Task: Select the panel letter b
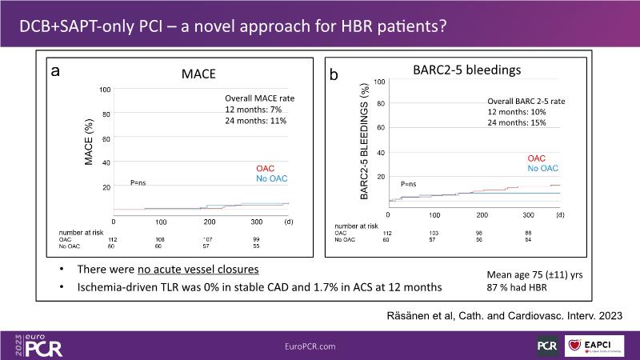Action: click(334, 74)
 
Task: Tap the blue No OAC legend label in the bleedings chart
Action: click(542, 168)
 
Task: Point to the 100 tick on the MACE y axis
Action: click(104, 89)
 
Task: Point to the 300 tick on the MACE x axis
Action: click(256, 222)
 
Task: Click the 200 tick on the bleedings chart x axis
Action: click(482, 215)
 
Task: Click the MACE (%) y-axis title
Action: click(90, 144)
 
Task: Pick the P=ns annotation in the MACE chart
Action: click(138, 183)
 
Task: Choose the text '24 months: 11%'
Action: click(255, 121)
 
